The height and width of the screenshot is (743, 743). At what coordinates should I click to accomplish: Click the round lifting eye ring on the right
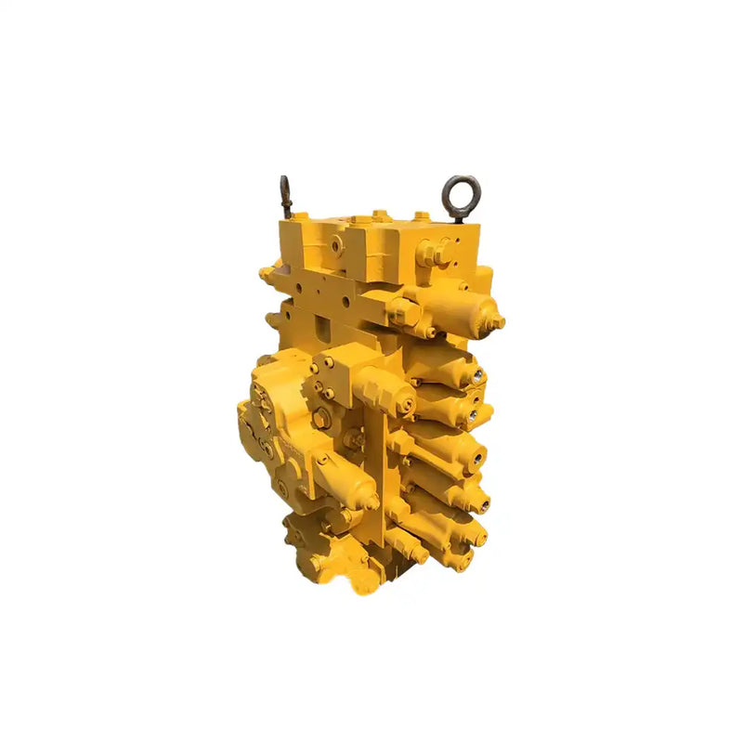tap(461, 193)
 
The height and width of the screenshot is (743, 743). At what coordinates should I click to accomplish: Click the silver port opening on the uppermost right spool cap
tap(479, 375)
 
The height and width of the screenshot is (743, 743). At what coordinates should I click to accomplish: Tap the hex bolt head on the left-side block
tap(320, 420)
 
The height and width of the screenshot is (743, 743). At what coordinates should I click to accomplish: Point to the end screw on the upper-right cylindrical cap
tap(499, 322)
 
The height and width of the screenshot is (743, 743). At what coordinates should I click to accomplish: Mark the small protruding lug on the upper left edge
tap(267, 275)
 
